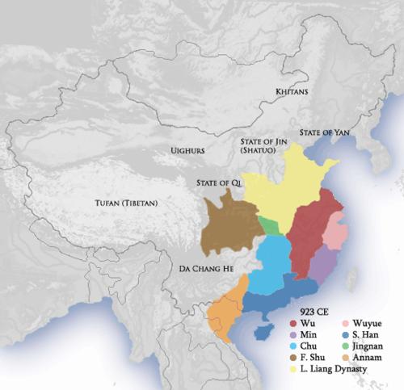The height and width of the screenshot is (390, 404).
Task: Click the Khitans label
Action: coord(292,92)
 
